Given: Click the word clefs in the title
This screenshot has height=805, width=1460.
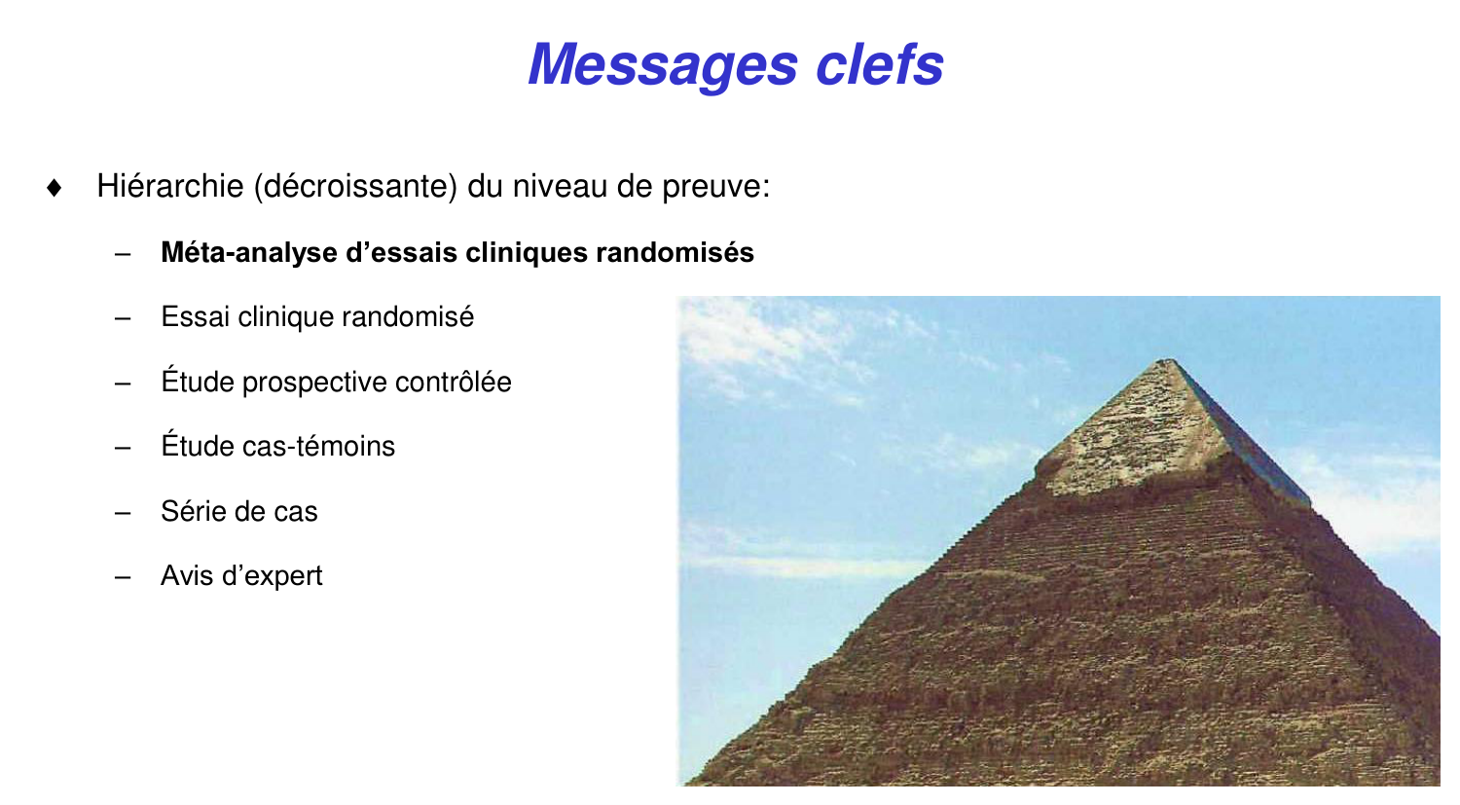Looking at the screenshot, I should click(879, 64).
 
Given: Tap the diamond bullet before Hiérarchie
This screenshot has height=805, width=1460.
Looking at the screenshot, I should click(55, 187).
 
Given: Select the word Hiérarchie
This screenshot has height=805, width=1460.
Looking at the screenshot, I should click(169, 186).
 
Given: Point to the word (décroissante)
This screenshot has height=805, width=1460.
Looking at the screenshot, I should click(355, 186).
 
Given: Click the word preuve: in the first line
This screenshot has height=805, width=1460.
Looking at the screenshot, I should click(715, 186).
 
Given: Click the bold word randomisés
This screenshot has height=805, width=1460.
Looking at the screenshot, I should click(675, 253).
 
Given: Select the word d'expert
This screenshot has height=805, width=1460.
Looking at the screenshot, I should click(273, 576).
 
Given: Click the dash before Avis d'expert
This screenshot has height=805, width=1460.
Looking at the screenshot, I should click(123, 576).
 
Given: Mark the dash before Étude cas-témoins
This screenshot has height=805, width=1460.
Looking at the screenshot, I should click(123, 447).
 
